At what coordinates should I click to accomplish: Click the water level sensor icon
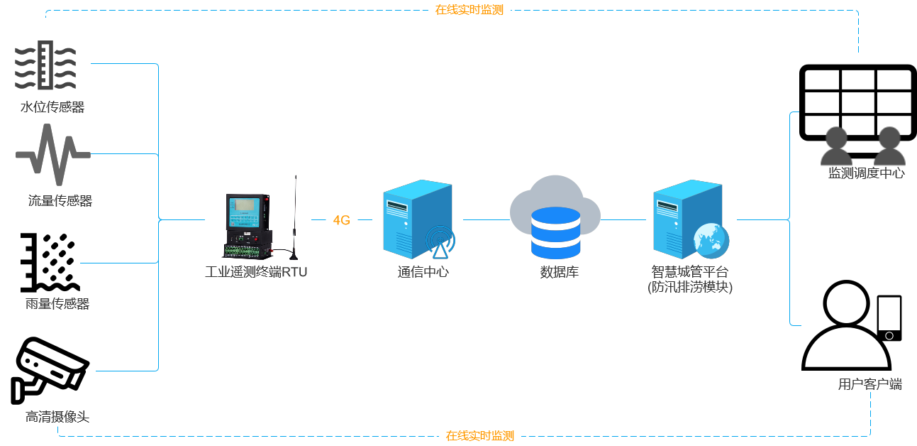45,65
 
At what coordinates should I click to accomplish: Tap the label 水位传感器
52,107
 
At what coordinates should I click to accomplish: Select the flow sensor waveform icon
53,154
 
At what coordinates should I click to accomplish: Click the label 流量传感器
60,201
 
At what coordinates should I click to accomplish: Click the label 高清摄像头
57,417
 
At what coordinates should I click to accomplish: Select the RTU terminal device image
248,226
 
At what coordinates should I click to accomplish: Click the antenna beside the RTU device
295,217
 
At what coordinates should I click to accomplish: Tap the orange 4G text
342,220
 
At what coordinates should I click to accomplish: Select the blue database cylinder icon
555,233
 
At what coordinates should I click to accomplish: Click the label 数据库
560,272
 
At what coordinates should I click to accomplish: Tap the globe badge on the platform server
711,240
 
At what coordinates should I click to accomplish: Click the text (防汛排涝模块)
690,288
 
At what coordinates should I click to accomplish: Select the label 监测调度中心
867,173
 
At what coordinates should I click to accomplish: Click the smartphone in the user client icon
889,317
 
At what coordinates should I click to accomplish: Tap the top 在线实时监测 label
469,10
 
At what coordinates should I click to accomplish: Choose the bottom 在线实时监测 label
480,435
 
